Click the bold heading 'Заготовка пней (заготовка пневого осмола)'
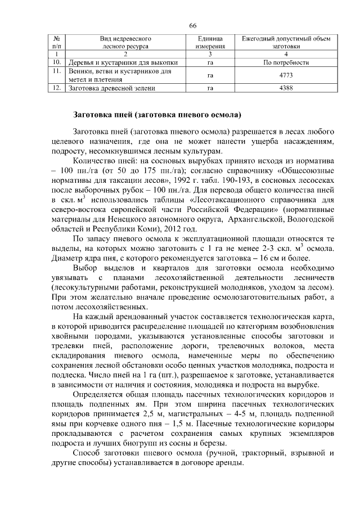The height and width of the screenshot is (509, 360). [157, 116]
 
